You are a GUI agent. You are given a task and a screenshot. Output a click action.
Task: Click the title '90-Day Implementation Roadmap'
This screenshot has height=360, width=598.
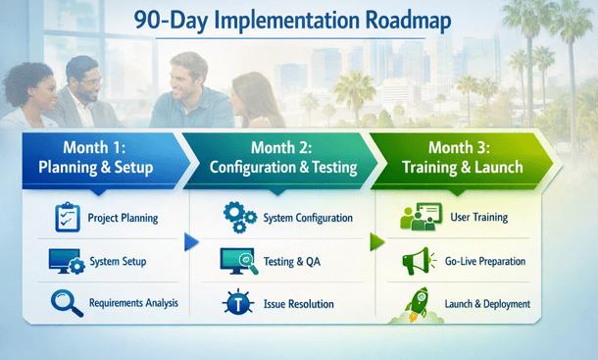click(298, 20)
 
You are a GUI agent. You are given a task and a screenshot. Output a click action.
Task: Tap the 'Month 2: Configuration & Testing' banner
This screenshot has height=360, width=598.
click(284, 158)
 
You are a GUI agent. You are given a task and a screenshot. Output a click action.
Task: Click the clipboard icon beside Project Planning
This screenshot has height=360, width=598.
click(66, 216)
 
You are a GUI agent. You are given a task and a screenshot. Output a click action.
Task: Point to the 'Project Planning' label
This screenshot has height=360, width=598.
click(124, 217)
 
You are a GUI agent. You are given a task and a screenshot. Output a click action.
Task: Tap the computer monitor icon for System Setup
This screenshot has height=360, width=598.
click(66, 260)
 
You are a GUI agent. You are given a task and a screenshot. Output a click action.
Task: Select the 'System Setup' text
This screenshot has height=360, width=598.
click(119, 261)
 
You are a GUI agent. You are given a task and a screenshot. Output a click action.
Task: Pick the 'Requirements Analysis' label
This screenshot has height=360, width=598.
click(134, 303)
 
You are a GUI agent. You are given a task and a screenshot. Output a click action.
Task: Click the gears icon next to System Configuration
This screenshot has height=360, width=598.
click(238, 216)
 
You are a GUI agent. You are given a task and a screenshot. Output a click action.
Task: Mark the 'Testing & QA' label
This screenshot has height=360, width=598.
click(293, 262)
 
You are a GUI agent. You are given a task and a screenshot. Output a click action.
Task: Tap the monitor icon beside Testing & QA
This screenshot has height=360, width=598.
click(239, 261)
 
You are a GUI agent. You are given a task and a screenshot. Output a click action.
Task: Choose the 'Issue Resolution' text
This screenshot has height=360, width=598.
click(299, 304)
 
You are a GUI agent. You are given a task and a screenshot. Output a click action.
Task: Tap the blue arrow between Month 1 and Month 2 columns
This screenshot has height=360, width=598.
click(191, 242)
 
